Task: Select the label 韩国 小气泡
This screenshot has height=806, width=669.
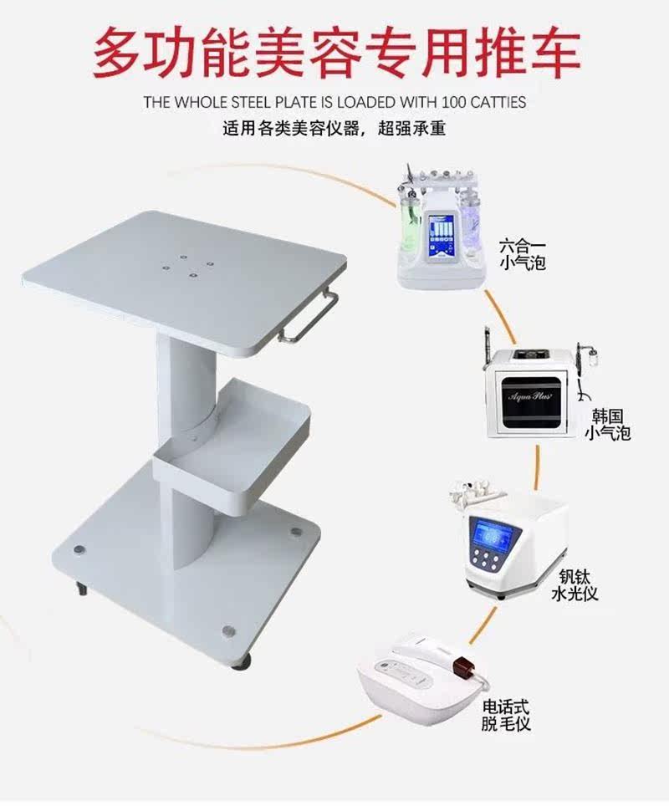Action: coord(608,425)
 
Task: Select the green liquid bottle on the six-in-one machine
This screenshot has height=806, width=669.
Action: coord(411,219)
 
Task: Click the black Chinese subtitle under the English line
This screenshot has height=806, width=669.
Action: coord(334,130)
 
